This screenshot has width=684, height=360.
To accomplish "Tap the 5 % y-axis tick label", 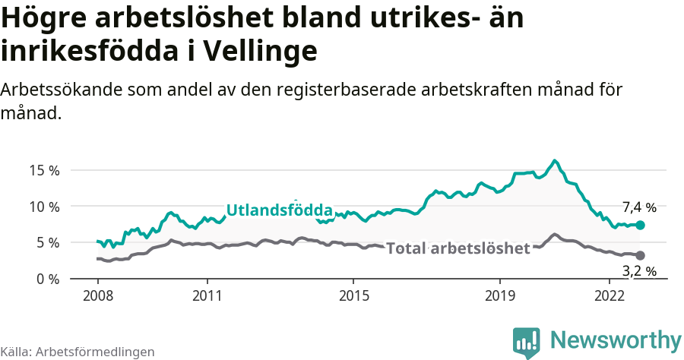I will (x=48, y=242).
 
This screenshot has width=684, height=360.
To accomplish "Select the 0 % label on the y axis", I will (x=48, y=279).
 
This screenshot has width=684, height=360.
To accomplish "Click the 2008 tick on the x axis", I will (x=98, y=295).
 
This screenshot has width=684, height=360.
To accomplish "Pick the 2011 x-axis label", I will (x=207, y=295).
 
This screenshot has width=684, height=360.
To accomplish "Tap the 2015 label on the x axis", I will (x=353, y=295).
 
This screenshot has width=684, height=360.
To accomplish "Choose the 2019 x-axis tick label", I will (x=500, y=295).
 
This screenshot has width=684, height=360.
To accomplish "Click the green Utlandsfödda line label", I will (x=280, y=210).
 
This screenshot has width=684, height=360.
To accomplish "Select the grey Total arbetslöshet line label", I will (x=458, y=248).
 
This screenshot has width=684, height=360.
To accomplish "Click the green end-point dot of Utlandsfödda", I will (x=640, y=225).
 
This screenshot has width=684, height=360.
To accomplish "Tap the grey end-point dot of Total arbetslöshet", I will (x=640, y=255).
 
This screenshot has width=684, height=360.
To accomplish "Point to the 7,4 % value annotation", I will (x=639, y=207).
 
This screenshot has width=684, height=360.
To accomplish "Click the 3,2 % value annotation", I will (x=639, y=270).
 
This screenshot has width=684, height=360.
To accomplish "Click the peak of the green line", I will (x=555, y=160).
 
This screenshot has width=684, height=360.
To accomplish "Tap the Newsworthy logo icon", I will (x=526, y=343).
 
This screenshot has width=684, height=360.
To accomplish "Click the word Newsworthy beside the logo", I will (x=616, y=339).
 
